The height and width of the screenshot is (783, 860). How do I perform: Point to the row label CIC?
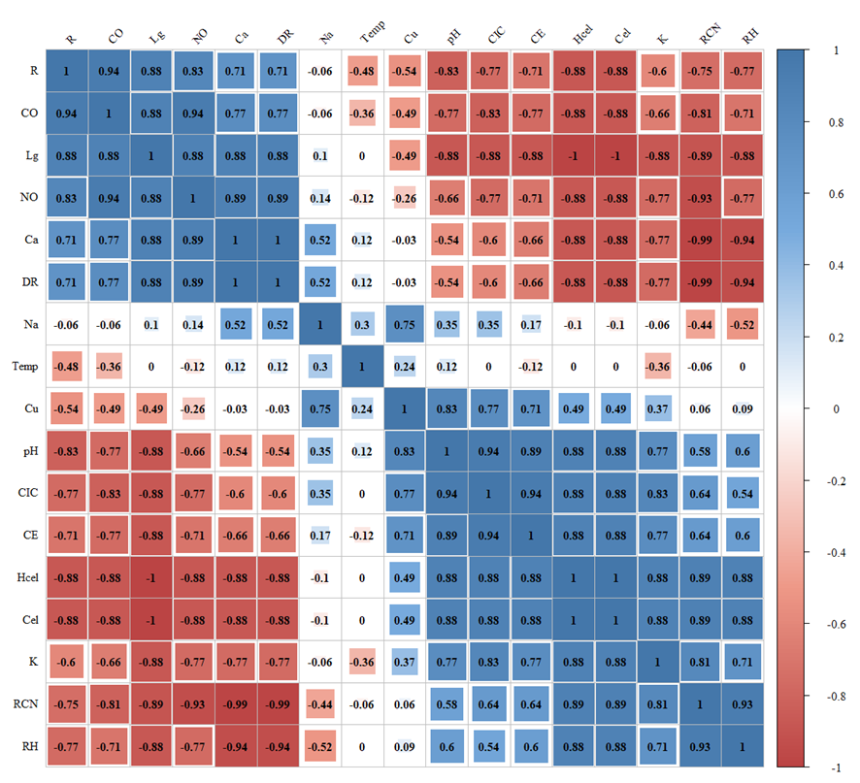(27, 493)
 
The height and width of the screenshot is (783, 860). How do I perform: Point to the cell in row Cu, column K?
(663, 408)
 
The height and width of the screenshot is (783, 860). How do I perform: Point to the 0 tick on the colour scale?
(828, 408)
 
